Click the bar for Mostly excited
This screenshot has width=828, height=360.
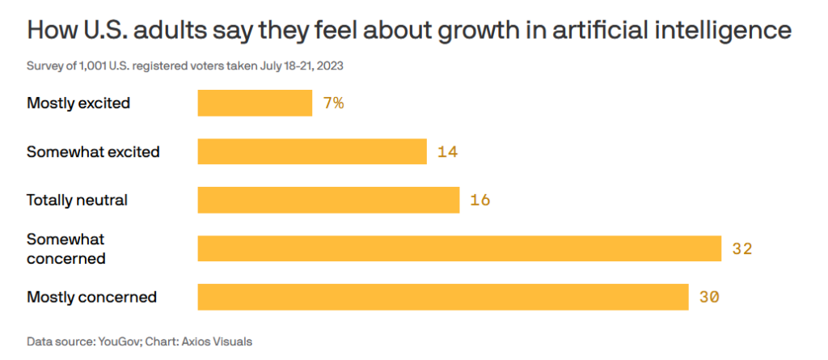tap(255, 103)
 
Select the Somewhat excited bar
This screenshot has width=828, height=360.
tap(312, 151)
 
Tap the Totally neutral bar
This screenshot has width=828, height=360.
tap(328, 200)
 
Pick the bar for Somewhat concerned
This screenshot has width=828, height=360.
tap(459, 248)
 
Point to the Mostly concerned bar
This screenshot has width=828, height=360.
tap(443, 297)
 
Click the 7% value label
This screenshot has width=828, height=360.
tap(333, 103)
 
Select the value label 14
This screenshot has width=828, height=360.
tap(448, 151)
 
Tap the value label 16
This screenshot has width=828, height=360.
tap(480, 200)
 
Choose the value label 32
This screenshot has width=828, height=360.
tap(742, 248)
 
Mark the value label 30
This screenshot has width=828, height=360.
tap(709, 297)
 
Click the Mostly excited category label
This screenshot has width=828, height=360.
tap(78, 103)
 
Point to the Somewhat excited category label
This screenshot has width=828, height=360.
tap(93, 151)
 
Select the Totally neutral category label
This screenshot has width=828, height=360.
tap(78, 200)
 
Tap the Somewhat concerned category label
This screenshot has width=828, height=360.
tap(66, 248)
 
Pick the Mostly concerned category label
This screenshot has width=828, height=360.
tap(91, 297)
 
